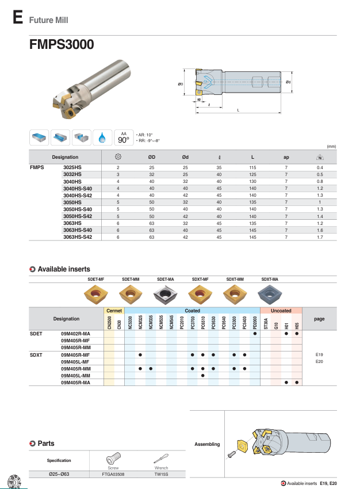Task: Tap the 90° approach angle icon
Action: click(123, 137)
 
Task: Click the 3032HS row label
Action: click(72, 174)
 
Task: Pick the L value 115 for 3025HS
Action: click(252, 167)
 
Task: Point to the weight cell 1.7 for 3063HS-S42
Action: click(320, 237)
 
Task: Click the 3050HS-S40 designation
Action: click(77, 209)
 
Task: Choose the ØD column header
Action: click(152, 157)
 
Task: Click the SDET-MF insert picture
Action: click(95, 296)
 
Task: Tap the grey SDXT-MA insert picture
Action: click(270, 296)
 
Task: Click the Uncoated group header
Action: click(281, 311)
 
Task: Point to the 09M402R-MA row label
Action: click(76, 334)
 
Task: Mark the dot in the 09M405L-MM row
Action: click(203, 376)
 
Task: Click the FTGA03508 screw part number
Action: click(114, 475)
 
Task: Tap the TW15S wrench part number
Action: click(162, 475)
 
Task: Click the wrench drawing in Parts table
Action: click(162, 459)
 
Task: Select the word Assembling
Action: click(207, 444)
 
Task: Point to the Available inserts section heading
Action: click(63, 269)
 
